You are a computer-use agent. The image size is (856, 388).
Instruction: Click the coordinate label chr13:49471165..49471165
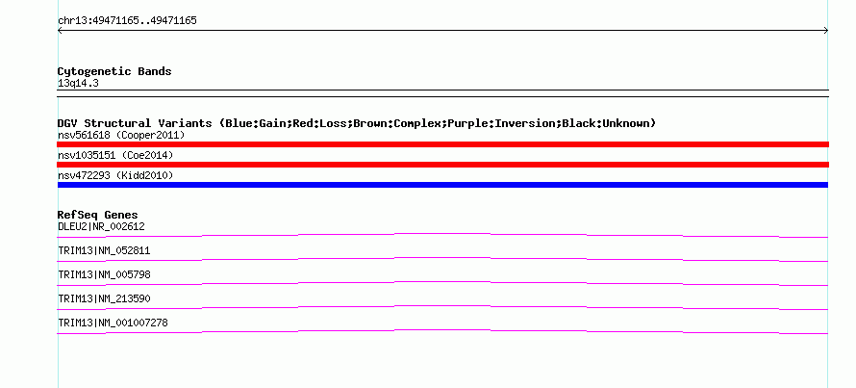[127, 21]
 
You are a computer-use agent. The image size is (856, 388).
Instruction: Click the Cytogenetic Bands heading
[114, 71]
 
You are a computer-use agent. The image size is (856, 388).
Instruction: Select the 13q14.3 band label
[78, 84]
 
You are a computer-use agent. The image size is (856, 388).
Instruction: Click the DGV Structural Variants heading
[357, 123]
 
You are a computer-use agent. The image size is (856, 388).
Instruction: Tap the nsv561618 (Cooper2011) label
[121, 135]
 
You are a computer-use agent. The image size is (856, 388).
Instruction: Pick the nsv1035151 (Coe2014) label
[115, 156]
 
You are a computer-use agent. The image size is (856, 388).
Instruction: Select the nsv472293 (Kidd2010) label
[115, 176]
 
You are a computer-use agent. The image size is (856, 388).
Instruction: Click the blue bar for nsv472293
[442, 185]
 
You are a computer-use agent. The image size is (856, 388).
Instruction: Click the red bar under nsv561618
[442, 144]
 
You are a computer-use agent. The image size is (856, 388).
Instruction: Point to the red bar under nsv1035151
[442, 165]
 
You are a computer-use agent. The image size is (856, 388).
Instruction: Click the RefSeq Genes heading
[98, 215]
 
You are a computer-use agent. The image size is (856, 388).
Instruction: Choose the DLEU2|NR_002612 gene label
[102, 226]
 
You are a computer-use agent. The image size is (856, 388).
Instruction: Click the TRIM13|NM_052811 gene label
[104, 251]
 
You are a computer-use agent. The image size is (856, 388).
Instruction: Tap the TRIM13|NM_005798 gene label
[104, 275]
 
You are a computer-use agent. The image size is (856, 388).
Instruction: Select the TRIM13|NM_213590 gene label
[104, 298]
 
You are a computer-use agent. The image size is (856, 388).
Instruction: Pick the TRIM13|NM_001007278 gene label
[113, 323]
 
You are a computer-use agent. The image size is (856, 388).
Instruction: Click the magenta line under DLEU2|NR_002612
[442, 234]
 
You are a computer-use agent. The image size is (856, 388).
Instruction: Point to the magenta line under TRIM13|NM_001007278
[442, 330]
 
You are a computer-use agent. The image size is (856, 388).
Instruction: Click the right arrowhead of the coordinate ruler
[826, 31]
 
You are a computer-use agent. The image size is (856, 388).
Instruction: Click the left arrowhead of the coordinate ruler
[60, 31]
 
